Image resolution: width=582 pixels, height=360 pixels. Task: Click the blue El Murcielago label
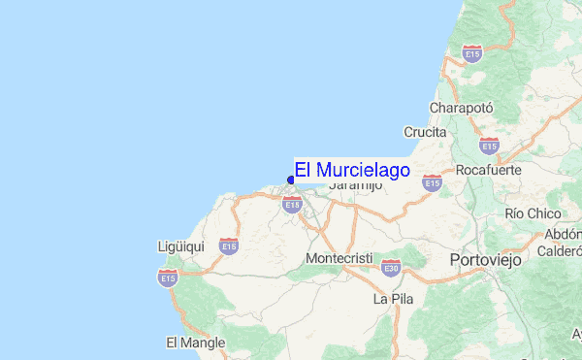352,169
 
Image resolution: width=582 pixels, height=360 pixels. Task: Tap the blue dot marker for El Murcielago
291,180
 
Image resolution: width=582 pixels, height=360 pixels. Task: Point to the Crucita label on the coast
426,132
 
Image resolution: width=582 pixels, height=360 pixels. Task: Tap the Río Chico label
533,213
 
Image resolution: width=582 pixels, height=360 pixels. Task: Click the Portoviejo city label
486,260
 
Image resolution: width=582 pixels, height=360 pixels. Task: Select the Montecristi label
339,259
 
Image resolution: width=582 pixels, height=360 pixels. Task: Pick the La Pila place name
393,299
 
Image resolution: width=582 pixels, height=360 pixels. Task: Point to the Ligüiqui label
180,246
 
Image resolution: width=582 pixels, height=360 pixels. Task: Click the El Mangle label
195,343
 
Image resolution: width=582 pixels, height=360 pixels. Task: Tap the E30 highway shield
391,266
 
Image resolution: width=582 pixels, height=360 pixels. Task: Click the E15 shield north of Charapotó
472,53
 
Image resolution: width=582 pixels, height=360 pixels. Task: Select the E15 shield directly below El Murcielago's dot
292,204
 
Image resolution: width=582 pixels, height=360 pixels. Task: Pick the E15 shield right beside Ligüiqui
229,246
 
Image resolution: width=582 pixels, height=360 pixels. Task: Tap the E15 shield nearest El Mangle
168,278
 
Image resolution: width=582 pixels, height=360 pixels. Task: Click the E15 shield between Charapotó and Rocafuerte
489,145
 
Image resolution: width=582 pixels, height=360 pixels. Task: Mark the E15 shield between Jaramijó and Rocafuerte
433,181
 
